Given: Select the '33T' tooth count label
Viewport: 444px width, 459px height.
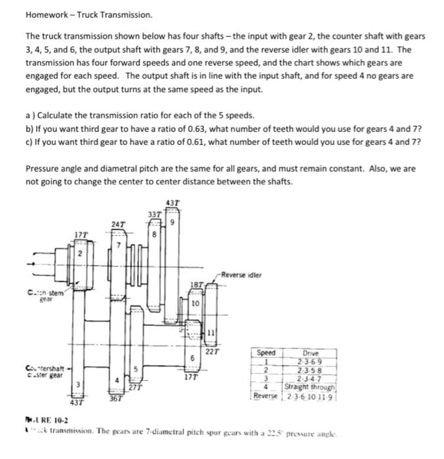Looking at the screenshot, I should (x=153, y=214).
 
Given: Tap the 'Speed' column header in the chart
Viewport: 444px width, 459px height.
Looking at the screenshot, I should (x=266, y=353).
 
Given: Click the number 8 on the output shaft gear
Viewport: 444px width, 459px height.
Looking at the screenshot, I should (x=155, y=232).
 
